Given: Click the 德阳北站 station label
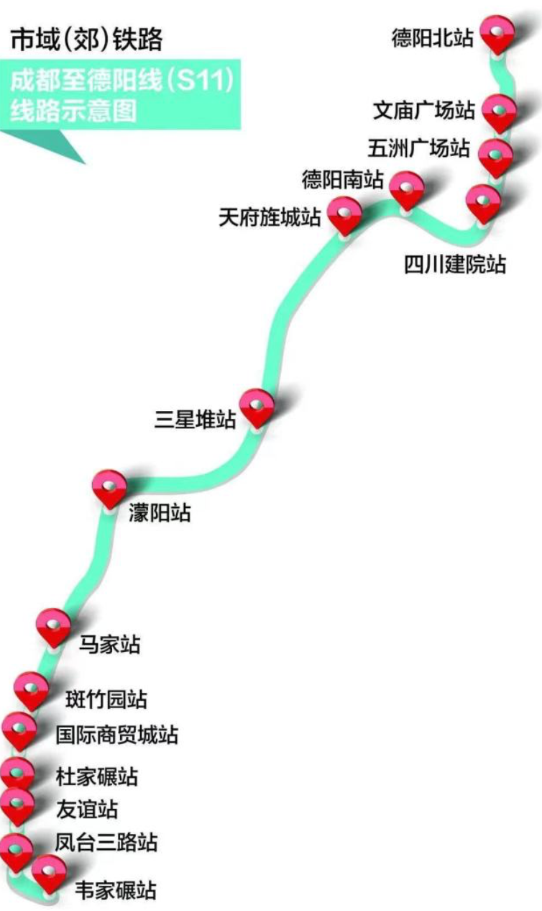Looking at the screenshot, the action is coord(432,38).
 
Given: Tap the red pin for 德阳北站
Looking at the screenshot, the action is coord(497,35).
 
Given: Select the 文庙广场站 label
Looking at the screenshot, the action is coord(424,110).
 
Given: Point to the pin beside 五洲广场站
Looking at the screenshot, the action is coord(495,158).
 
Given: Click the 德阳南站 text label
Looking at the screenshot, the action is coord(342,179).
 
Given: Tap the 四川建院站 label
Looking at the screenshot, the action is coord(455,265).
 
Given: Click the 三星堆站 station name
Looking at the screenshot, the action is coord(195,419).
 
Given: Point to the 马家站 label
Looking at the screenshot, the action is coord(110,645).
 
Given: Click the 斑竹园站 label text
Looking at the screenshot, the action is coord(106,699).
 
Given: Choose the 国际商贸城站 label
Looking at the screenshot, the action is coord(117,735).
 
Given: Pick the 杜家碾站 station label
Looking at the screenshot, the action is coord(97,777).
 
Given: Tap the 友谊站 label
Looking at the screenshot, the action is coord(87,809).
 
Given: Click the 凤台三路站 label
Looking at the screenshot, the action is coord(106,842).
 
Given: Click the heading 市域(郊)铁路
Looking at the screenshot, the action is coord(86,40).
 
